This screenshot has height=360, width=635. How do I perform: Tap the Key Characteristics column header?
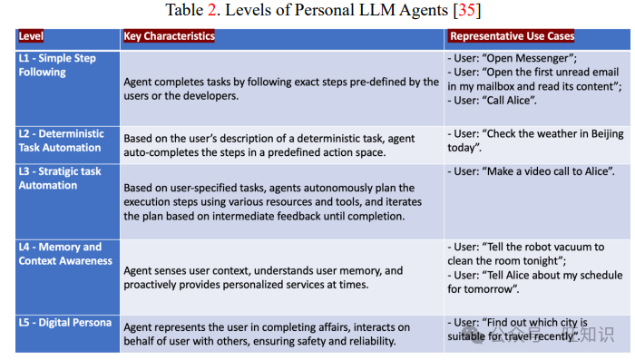point(169,36)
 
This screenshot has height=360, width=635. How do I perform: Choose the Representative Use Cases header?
point(512,36)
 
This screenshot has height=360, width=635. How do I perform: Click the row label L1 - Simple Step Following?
point(56,65)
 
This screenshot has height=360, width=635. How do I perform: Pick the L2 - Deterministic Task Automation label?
point(60,141)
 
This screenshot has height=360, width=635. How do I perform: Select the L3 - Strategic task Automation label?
point(59,179)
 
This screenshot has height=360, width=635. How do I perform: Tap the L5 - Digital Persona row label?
point(64,323)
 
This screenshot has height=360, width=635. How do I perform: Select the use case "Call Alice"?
point(520,101)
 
